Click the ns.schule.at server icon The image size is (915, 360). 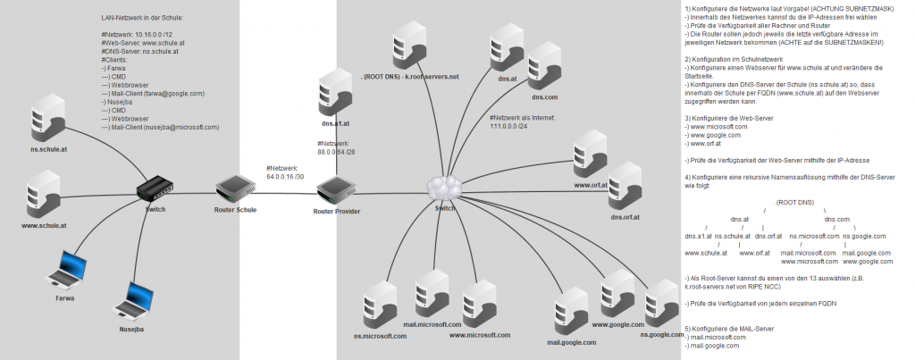click(46, 121)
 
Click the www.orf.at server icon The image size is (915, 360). click(591, 155)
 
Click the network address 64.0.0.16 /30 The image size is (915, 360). click(285, 176)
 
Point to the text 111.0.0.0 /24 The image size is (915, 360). click(514, 125)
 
